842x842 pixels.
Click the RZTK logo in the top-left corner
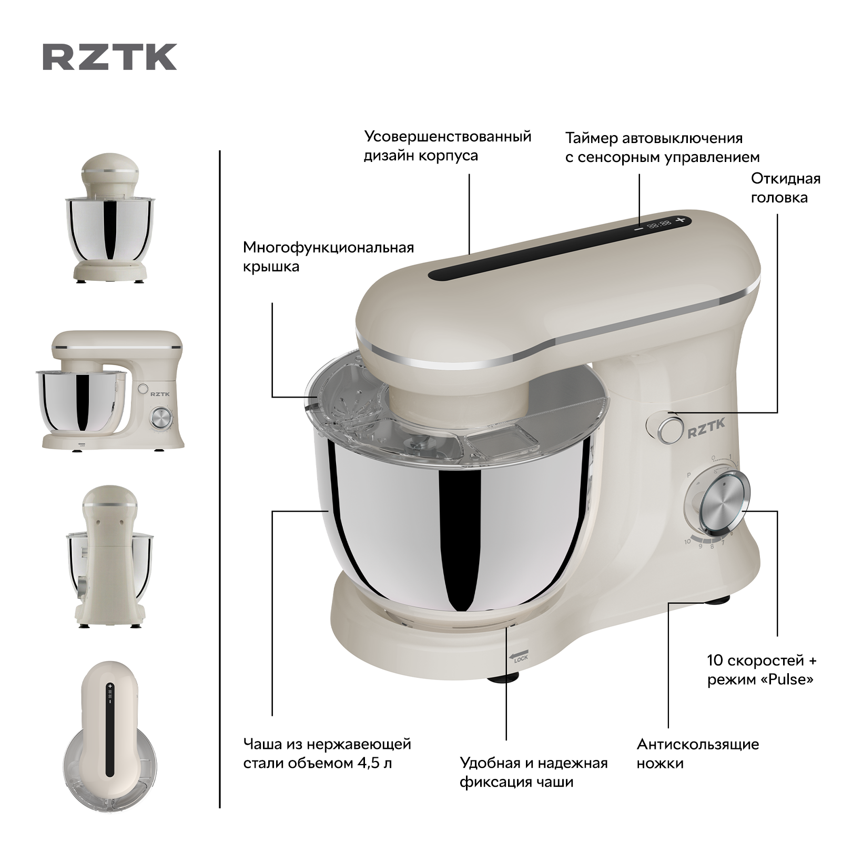click(109, 57)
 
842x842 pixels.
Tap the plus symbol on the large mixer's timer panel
click(681, 219)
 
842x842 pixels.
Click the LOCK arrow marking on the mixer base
click(519, 655)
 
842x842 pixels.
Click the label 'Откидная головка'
click(785, 188)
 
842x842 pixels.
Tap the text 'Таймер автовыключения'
click(654, 138)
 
